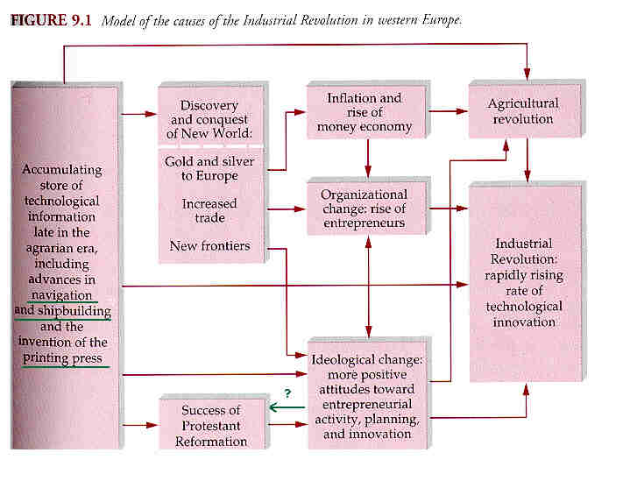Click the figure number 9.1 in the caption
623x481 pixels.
pos(81,20)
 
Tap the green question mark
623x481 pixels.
pos(287,393)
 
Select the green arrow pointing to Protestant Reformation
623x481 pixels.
pos(287,407)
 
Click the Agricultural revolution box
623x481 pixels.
pos(525,110)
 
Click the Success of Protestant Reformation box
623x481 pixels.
pos(211,423)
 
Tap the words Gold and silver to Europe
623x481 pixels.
pos(209,168)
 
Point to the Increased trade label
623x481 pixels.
pos(209,210)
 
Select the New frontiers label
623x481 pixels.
pos(209,246)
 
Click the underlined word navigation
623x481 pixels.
pos(61,295)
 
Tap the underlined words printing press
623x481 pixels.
pos(62,358)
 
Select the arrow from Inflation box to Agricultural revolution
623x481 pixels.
pos(448,111)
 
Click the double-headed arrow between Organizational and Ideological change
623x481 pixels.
pos(368,286)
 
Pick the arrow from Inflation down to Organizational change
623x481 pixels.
pos(368,158)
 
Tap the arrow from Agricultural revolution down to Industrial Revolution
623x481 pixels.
pos(527,159)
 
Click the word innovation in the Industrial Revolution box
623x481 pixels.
pos(524,322)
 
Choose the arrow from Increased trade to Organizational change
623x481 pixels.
pos(287,209)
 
